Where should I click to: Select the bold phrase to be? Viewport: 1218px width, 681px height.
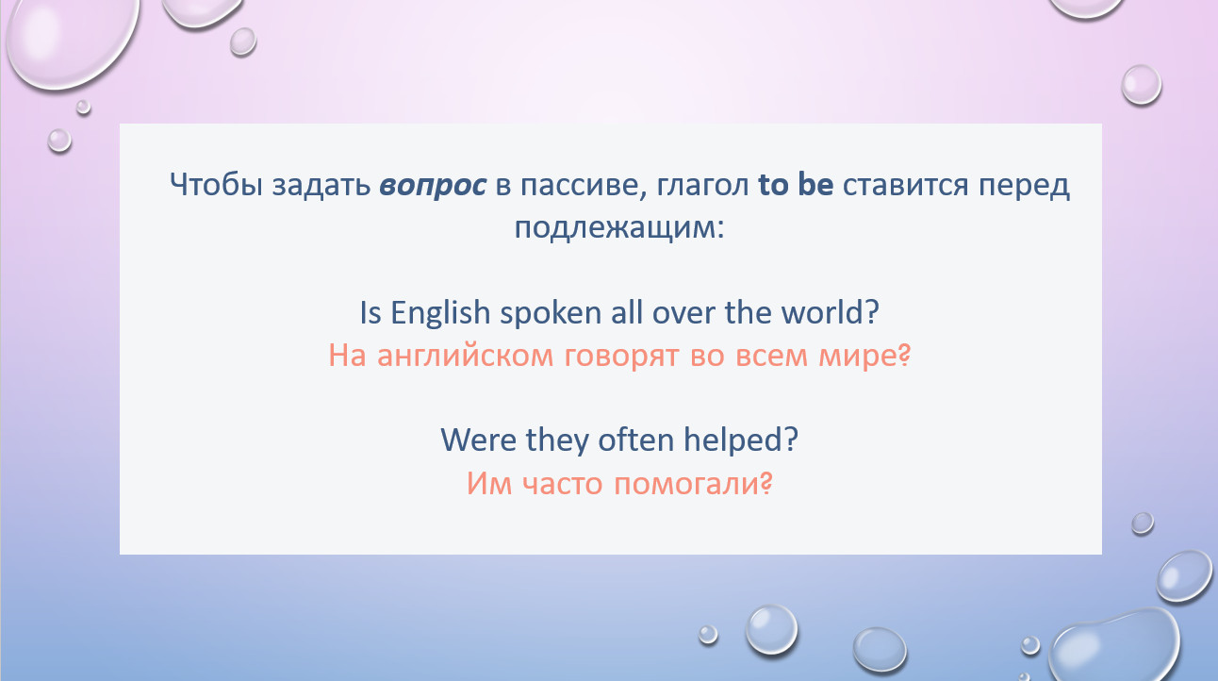pyautogui.click(x=796, y=184)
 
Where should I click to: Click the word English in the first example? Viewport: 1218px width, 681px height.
pyautogui.click(x=440, y=313)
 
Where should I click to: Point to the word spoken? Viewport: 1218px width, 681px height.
pyautogui.click(x=551, y=314)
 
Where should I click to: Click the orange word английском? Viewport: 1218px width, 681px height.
pyautogui.click(x=465, y=357)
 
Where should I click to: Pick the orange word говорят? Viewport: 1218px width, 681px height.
pyautogui.click(x=621, y=357)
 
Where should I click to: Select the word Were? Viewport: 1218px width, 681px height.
pyautogui.click(x=479, y=440)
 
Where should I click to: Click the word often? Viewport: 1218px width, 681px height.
pyautogui.click(x=635, y=440)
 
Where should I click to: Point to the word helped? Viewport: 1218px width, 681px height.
pyautogui.click(x=734, y=440)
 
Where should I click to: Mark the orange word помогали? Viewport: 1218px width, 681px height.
pyautogui.click(x=686, y=484)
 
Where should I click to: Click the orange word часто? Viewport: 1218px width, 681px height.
pyautogui.click(x=562, y=484)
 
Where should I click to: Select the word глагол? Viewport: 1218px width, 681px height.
pyautogui.click(x=702, y=186)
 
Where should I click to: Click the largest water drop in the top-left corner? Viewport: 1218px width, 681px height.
pyautogui.click(x=72, y=41)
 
